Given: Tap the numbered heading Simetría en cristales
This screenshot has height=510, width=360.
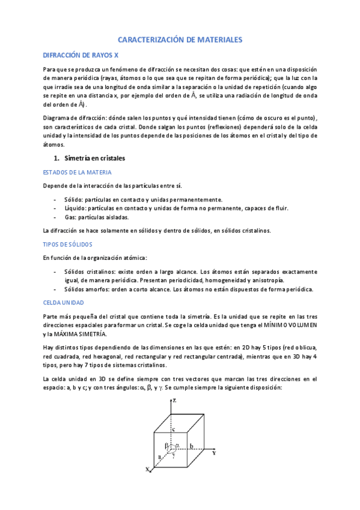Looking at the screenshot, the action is tap(94, 158).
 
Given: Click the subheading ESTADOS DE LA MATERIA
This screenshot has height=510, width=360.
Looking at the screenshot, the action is tap(77, 172).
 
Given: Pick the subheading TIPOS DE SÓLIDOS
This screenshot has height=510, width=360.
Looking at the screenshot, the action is tap(67, 244).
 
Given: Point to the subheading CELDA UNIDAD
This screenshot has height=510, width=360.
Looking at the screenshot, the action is tap(63, 303).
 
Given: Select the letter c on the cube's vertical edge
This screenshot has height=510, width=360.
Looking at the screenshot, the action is tap(174, 429).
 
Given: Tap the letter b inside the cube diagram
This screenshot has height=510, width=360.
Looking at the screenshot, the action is tap(191, 446).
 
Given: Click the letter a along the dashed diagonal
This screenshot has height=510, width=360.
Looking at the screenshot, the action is tap(160, 457).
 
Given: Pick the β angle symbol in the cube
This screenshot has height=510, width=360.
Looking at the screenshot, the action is tap(166, 446).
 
